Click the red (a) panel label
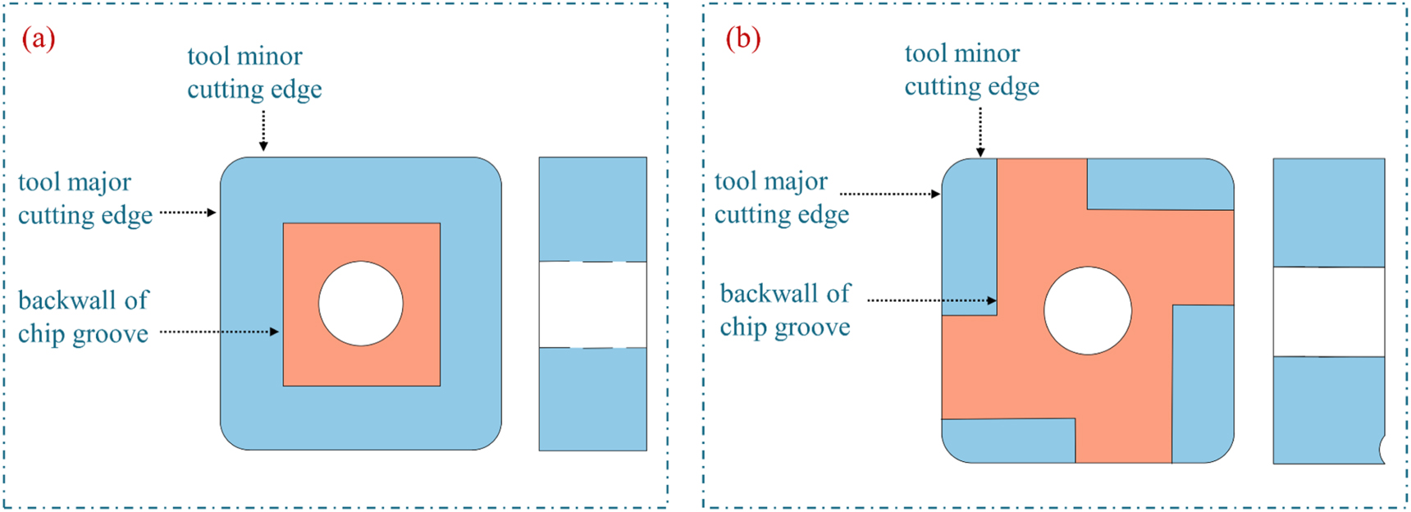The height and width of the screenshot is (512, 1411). tap(39, 39)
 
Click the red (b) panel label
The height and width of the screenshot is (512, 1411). tap(743, 39)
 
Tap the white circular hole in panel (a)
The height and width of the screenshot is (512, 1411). tap(361, 304)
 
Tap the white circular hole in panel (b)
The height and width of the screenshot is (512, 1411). tap(1088, 311)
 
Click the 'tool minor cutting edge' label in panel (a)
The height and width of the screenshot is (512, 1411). tap(254, 72)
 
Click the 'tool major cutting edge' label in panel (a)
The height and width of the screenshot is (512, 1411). tap(85, 198)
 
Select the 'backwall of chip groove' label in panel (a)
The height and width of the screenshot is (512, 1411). tap(84, 317)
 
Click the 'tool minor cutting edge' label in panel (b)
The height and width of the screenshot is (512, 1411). tap(972, 70)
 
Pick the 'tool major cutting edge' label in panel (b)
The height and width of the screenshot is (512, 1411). tap(782, 197)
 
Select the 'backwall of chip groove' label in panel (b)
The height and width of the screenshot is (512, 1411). tap(785, 309)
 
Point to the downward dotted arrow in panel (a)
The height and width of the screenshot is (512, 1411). tap(263, 130)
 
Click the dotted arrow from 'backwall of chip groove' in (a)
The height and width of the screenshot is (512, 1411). tap(219, 331)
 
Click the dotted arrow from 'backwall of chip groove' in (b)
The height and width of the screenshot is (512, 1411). tap(931, 300)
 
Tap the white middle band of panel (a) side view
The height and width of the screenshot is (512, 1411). tap(592, 304)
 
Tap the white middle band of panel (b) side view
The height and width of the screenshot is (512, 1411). tap(1328, 312)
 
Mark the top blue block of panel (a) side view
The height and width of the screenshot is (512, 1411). tap(592, 209)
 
